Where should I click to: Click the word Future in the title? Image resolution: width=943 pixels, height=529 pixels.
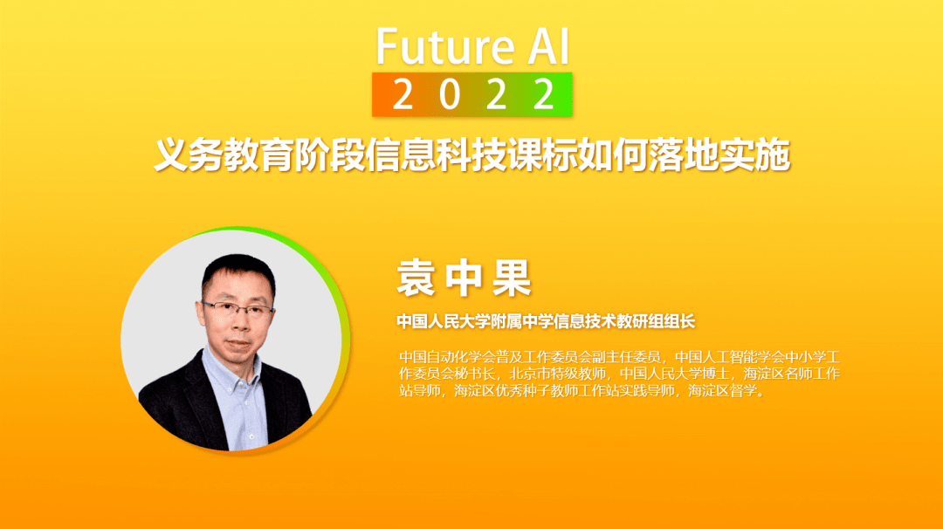tap(445, 46)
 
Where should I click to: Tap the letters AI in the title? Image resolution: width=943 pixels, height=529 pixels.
tap(548, 46)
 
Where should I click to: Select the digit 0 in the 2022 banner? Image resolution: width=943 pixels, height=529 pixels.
tap(450, 94)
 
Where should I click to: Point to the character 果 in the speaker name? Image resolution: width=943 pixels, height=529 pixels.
tap(511, 278)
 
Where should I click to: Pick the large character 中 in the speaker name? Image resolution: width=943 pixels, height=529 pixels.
tap(464, 278)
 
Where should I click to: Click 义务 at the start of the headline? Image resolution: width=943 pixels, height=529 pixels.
tap(189, 155)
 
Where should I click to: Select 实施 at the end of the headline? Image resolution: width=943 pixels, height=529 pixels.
tap(755, 155)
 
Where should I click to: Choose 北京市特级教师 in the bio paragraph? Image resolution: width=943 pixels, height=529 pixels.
tap(557, 374)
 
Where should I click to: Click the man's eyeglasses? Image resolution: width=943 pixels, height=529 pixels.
tap(237, 310)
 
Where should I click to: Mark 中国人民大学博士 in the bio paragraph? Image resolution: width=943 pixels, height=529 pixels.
tap(675, 374)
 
